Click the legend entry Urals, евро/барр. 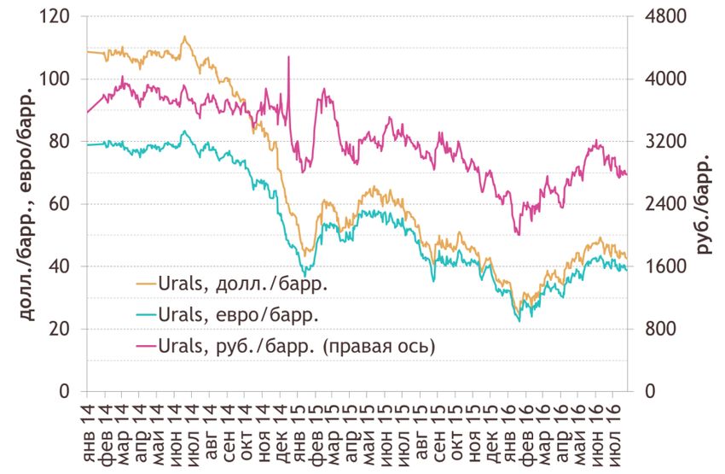point(227,314)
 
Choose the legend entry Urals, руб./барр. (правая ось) point(285,346)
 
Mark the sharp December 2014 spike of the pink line point(289,57)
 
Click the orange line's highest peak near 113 point(185,37)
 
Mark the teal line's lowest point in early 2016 point(519,321)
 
